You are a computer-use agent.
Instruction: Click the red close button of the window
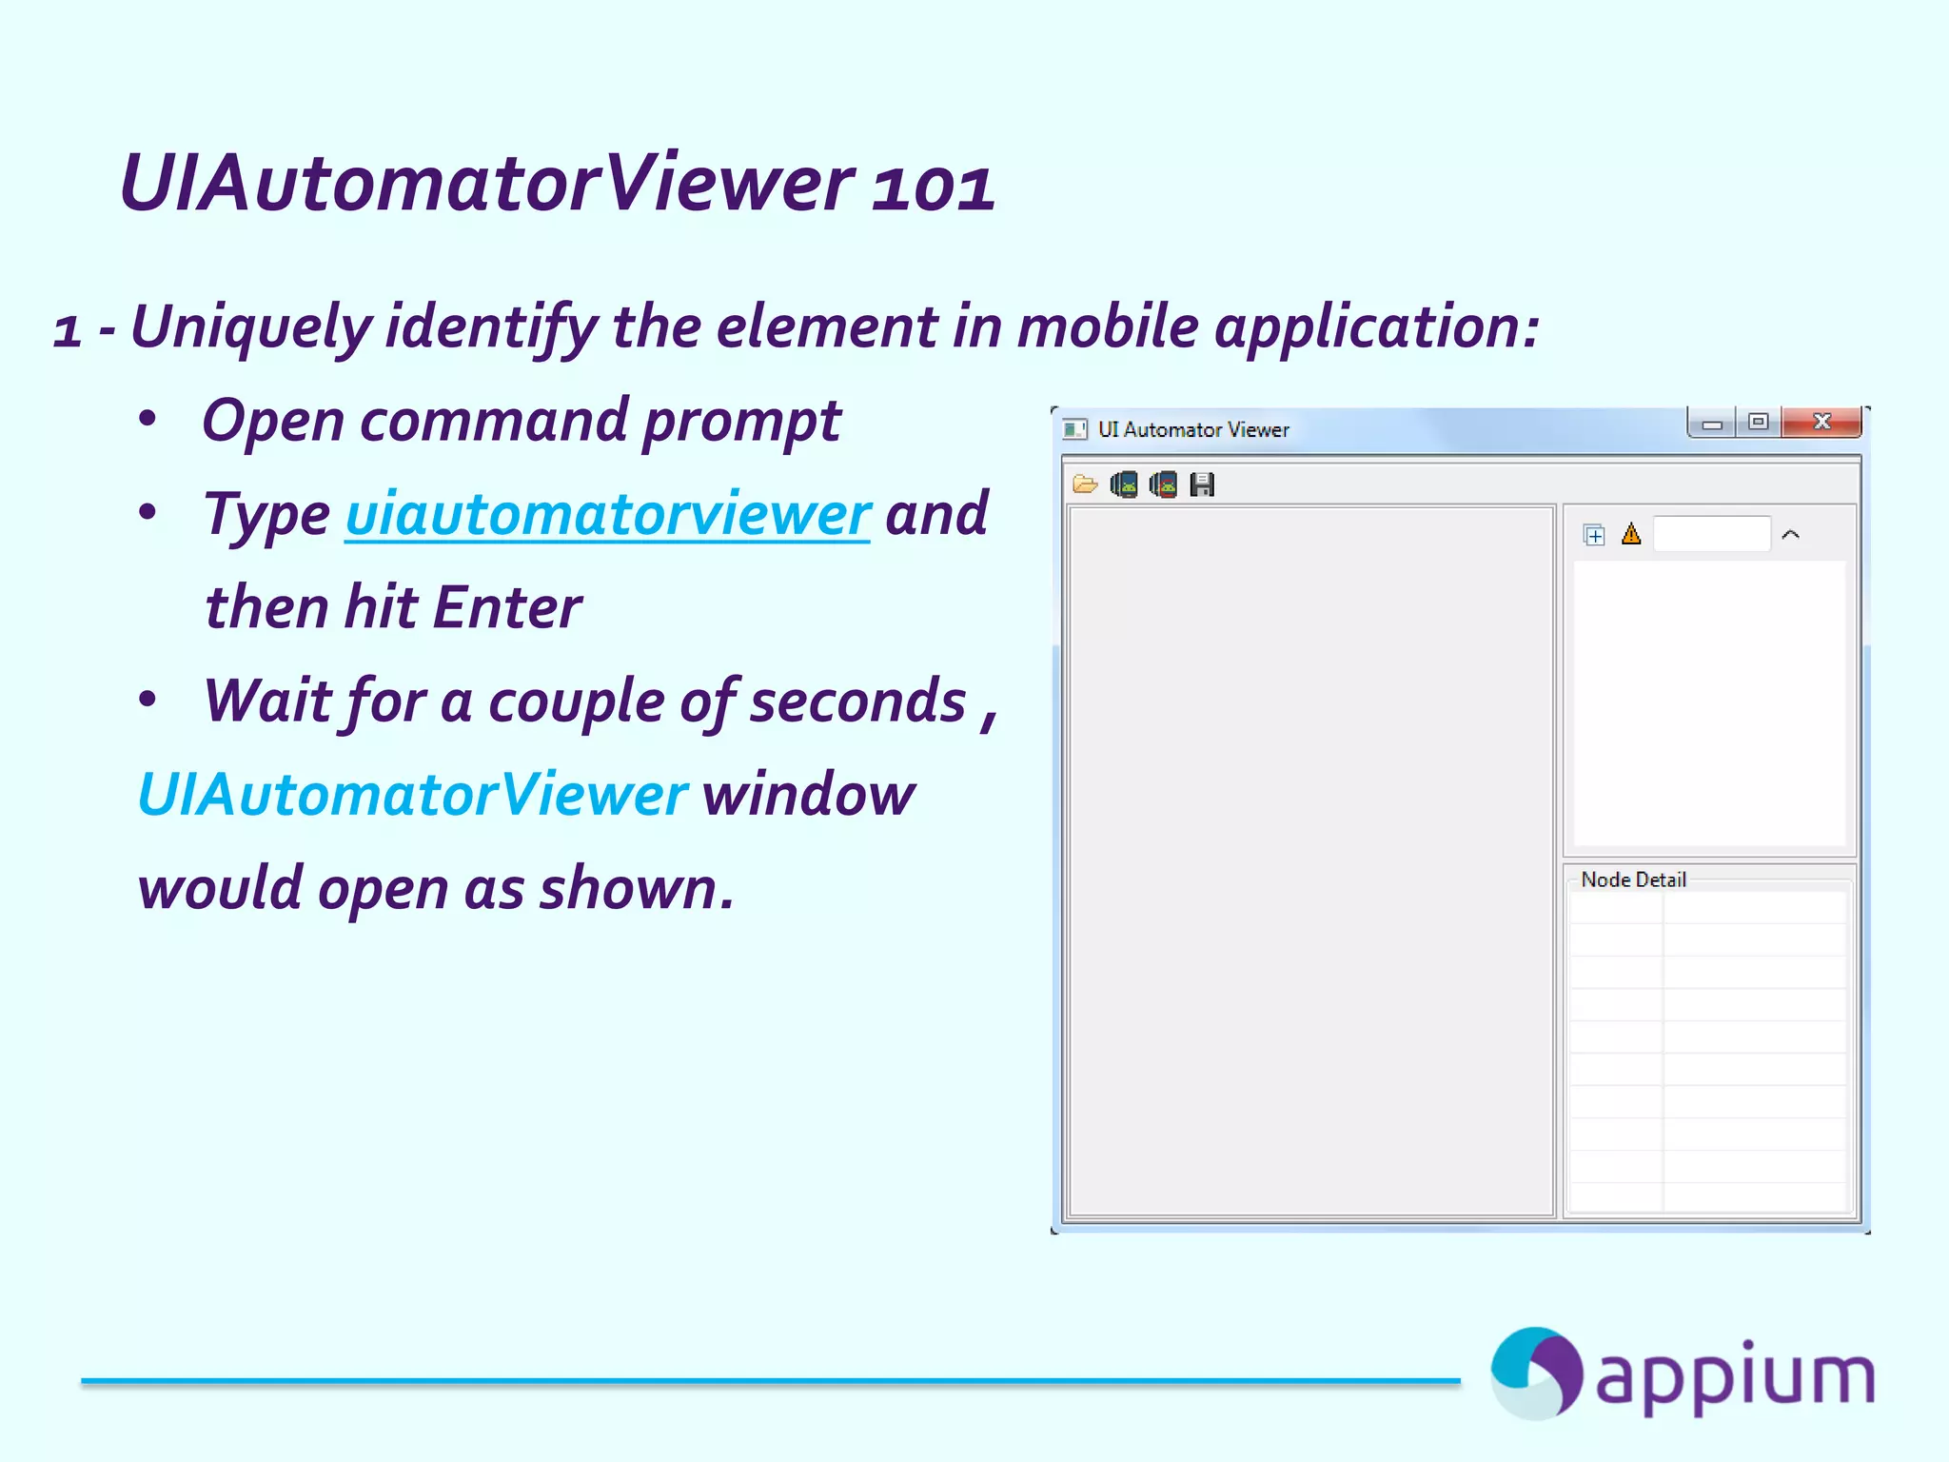pyautogui.click(x=1821, y=422)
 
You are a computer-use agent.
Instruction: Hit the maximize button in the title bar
pyautogui.click(x=1759, y=422)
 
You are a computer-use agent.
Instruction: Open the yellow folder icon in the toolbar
pyautogui.click(x=1085, y=484)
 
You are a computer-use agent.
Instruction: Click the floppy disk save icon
pyautogui.click(x=1202, y=484)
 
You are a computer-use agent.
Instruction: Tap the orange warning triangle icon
pyautogui.click(x=1631, y=534)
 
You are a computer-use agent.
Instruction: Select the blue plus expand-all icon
pyautogui.click(x=1594, y=535)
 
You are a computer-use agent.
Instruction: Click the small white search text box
pyautogui.click(x=1711, y=534)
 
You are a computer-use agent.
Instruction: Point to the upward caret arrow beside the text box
pyautogui.click(x=1790, y=535)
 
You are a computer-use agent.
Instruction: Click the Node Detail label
pyautogui.click(x=1633, y=879)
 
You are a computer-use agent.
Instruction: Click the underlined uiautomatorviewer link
pyautogui.click(x=607, y=514)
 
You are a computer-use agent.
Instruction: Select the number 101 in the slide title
pyautogui.click(x=934, y=186)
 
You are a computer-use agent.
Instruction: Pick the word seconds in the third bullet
pyautogui.click(x=857, y=701)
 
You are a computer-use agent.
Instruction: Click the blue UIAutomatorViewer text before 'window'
pyautogui.click(x=412, y=794)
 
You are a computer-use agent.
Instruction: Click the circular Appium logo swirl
pyautogui.click(x=1535, y=1373)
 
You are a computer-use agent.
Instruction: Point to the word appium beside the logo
pyautogui.click(x=1734, y=1376)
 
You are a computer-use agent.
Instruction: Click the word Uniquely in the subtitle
pyautogui.click(x=250, y=326)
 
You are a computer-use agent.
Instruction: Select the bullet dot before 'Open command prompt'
pyautogui.click(x=148, y=419)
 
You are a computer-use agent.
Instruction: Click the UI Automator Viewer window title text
pyautogui.click(x=1193, y=429)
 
